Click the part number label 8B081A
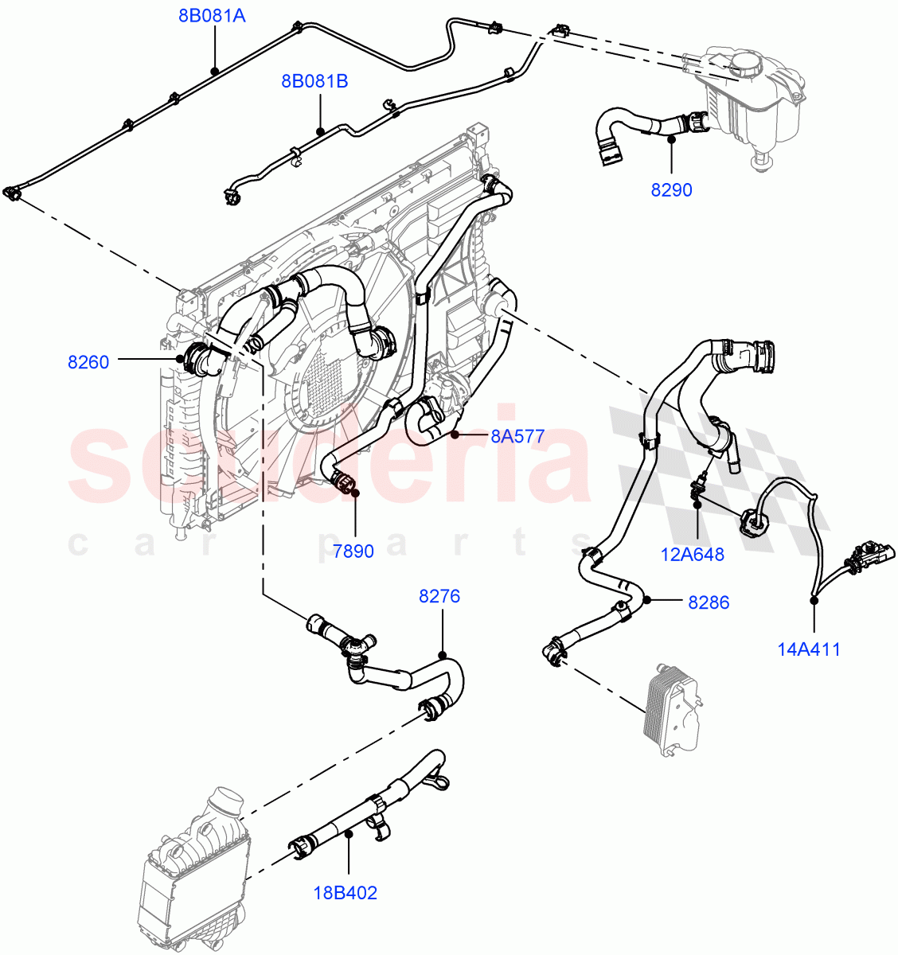(211, 14)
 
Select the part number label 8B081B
(314, 80)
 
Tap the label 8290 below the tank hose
(671, 190)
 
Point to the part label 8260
(88, 362)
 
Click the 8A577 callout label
(517, 436)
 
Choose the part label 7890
(353, 551)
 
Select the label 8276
(439, 596)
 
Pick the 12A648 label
(693, 554)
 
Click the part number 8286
(709, 602)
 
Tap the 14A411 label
(809, 649)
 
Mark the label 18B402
(345, 893)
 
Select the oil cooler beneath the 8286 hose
(670, 707)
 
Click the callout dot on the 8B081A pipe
(214, 71)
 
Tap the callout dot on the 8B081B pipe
(320, 131)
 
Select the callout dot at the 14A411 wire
(814, 598)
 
